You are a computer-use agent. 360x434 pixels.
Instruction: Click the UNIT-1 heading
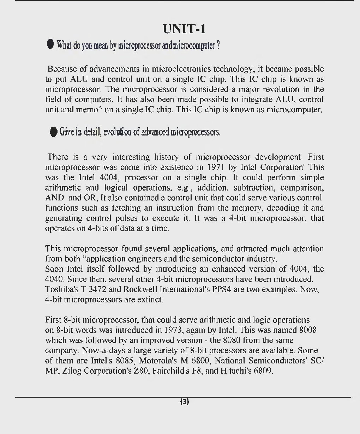(184, 29)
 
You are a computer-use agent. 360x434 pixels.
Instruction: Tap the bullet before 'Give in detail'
(53, 132)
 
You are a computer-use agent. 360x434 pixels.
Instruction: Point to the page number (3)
(185, 402)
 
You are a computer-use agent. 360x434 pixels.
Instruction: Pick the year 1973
(173, 330)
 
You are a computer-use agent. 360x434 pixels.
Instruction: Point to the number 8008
(307, 330)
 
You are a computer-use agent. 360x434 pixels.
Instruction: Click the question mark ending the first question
(218, 45)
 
